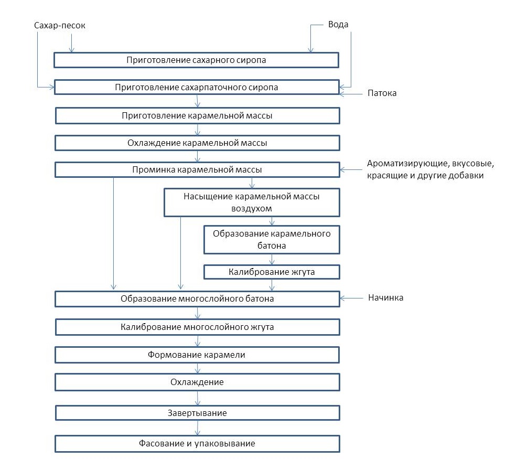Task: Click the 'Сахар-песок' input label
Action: [59, 26]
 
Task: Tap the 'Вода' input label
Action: [338, 25]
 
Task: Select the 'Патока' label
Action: [382, 93]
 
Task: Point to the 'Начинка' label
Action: [386, 297]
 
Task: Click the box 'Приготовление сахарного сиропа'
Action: [196, 60]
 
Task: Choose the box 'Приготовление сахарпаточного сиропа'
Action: [197, 87]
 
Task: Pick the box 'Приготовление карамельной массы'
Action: [197, 115]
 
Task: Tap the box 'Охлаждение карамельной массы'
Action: [197, 143]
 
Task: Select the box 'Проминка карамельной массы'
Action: [197, 170]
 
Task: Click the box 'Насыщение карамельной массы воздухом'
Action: [252, 202]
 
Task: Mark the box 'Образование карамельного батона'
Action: [272, 240]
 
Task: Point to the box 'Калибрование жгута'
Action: [272, 272]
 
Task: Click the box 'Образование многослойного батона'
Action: [197, 299]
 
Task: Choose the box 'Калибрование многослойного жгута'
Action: [197, 327]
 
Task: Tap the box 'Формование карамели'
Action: [197, 355]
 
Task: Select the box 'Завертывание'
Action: [197, 413]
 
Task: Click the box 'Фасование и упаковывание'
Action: [197, 443]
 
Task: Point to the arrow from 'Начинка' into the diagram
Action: [351, 298]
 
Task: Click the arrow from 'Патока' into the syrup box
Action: [351, 94]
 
